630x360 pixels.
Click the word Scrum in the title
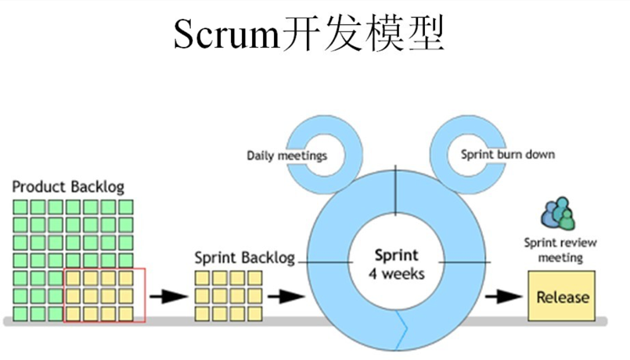(226, 34)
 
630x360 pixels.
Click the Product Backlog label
(68, 187)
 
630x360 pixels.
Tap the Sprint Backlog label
(245, 257)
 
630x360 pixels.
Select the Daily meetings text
(287, 156)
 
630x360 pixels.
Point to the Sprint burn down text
(508, 154)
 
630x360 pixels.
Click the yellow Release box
(561, 296)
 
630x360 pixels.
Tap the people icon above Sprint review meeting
(558, 213)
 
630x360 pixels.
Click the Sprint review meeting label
(560, 250)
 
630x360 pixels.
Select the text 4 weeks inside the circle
(397, 274)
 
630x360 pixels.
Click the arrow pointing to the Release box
(504, 297)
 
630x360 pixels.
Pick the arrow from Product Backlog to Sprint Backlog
(169, 297)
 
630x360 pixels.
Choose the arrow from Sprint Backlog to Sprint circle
(286, 297)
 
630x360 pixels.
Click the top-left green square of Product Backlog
(20, 207)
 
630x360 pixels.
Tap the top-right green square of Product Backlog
(126, 207)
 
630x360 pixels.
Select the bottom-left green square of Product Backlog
(20, 314)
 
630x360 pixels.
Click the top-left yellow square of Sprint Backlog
(202, 279)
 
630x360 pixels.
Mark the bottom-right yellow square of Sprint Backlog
(254, 314)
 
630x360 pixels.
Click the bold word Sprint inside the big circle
(397, 255)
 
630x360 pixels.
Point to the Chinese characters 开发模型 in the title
(363, 34)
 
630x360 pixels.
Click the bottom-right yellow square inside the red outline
(126, 314)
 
